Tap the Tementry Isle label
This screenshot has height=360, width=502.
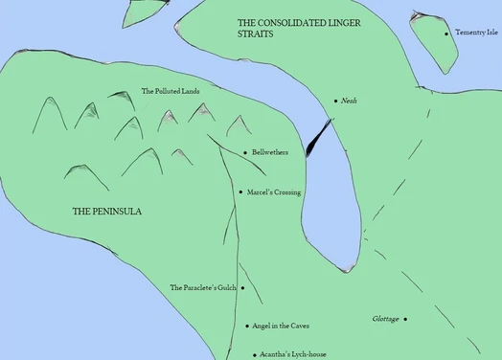coord(476,33)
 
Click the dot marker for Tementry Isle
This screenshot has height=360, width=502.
coord(446,33)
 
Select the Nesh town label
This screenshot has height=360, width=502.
coord(349,101)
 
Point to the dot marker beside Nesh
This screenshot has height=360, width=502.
coord(335,101)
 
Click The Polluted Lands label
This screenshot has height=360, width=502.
coord(171,91)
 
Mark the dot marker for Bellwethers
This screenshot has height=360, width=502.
coord(245,152)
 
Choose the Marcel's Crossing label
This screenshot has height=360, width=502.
coord(274,192)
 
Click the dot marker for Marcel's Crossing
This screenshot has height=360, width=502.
coord(240,192)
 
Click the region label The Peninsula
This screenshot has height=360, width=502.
coord(107,211)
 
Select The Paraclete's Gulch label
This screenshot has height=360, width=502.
coord(202,287)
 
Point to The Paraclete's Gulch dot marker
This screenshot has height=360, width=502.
coord(242,287)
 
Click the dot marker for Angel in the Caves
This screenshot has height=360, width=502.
coord(248,326)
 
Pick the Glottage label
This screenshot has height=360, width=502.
coord(385,319)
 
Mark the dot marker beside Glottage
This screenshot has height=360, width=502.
coord(405,319)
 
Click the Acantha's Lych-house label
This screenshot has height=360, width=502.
coord(294,354)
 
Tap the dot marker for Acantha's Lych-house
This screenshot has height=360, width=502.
coord(254,354)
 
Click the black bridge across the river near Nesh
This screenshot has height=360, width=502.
coord(316,138)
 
